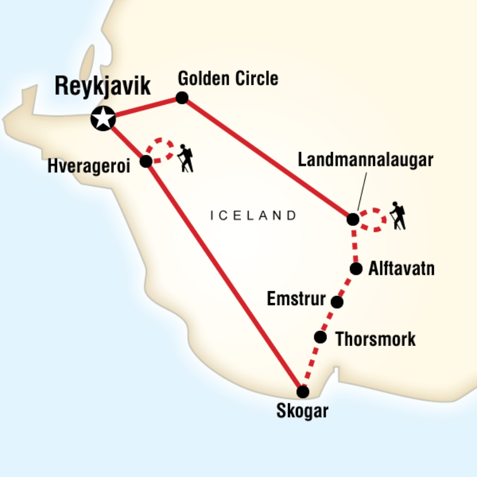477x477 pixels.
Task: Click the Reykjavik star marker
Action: pyautogui.click(x=103, y=119)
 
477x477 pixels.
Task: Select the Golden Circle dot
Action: pyautogui.click(x=182, y=98)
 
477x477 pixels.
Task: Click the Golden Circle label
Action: pyautogui.click(x=228, y=78)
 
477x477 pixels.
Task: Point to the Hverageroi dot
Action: pyautogui.click(x=145, y=161)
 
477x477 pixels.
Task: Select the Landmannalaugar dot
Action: pyautogui.click(x=353, y=219)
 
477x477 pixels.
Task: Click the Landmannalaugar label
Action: pyautogui.click(x=365, y=160)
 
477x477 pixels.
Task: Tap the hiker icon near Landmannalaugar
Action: pyautogui.click(x=398, y=216)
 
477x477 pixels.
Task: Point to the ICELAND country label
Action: pyautogui.click(x=253, y=215)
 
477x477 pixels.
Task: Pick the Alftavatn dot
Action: pyautogui.click(x=356, y=269)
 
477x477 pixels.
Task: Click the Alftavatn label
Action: pyautogui.click(x=401, y=269)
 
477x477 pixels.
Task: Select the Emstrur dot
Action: pyautogui.click(x=337, y=302)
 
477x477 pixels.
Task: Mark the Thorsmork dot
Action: pyautogui.click(x=321, y=337)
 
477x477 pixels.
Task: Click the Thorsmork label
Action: pyautogui.click(x=376, y=340)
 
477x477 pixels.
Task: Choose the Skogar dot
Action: pyautogui.click(x=303, y=392)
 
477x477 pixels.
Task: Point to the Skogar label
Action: pyautogui.click(x=303, y=412)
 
